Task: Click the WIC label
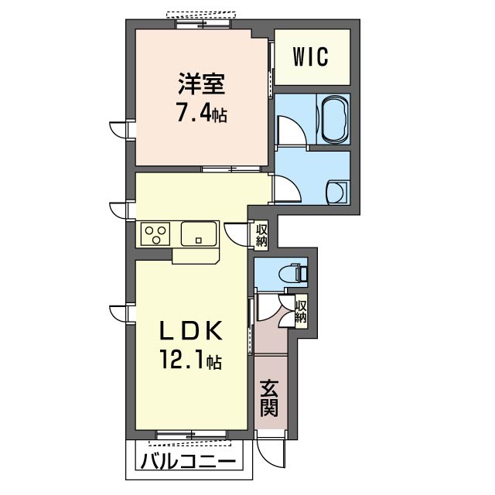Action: (311, 56)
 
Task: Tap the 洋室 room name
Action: (202, 84)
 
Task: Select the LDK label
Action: (192, 332)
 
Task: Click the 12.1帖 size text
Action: (191, 360)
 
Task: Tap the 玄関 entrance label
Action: (269, 398)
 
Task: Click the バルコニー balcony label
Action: (188, 463)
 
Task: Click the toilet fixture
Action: (293, 272)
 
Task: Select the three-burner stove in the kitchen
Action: (155, 234)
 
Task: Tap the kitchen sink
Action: (199, 234)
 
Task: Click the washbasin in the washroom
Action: (337, 193)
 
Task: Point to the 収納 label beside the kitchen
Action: (261, 235)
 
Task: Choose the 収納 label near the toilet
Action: (301, 311)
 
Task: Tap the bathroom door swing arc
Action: (292, 130)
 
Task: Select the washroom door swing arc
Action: (287, 189)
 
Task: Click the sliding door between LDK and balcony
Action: (192, 435)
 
